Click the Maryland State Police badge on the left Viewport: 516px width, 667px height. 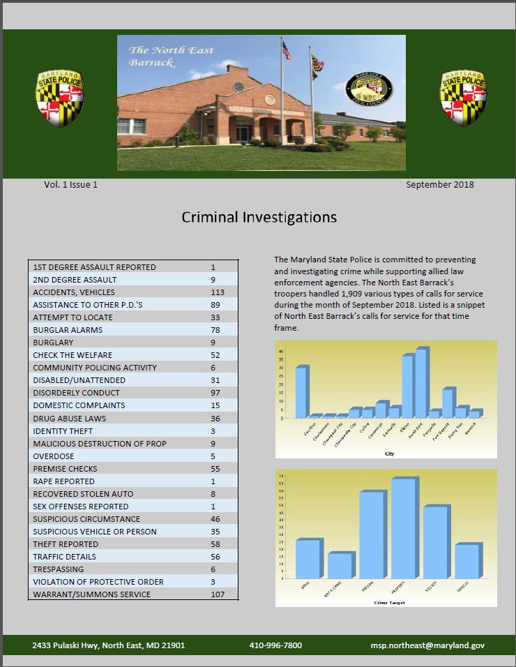click(60, 98)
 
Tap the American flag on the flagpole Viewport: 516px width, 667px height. click(287, 50)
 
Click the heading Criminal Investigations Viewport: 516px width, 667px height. click(259, 217)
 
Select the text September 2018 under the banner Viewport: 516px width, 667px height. click(439, 185)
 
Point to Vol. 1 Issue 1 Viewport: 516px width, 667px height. click(70, 185)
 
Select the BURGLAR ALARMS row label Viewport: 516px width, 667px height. click(68, 330)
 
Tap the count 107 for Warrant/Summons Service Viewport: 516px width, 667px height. click(219, 594)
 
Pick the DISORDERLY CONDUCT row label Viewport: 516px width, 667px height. click(76, 393)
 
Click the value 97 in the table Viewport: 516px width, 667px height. click(215, 393)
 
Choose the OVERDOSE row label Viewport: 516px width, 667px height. click(53, 456)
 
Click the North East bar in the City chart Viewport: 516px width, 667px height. click(420, 382)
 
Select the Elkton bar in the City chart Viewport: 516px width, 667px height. click(407, 386)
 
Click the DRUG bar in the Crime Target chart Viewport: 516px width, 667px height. click(308, 558)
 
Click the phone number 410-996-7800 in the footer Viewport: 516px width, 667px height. click(275, 645)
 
